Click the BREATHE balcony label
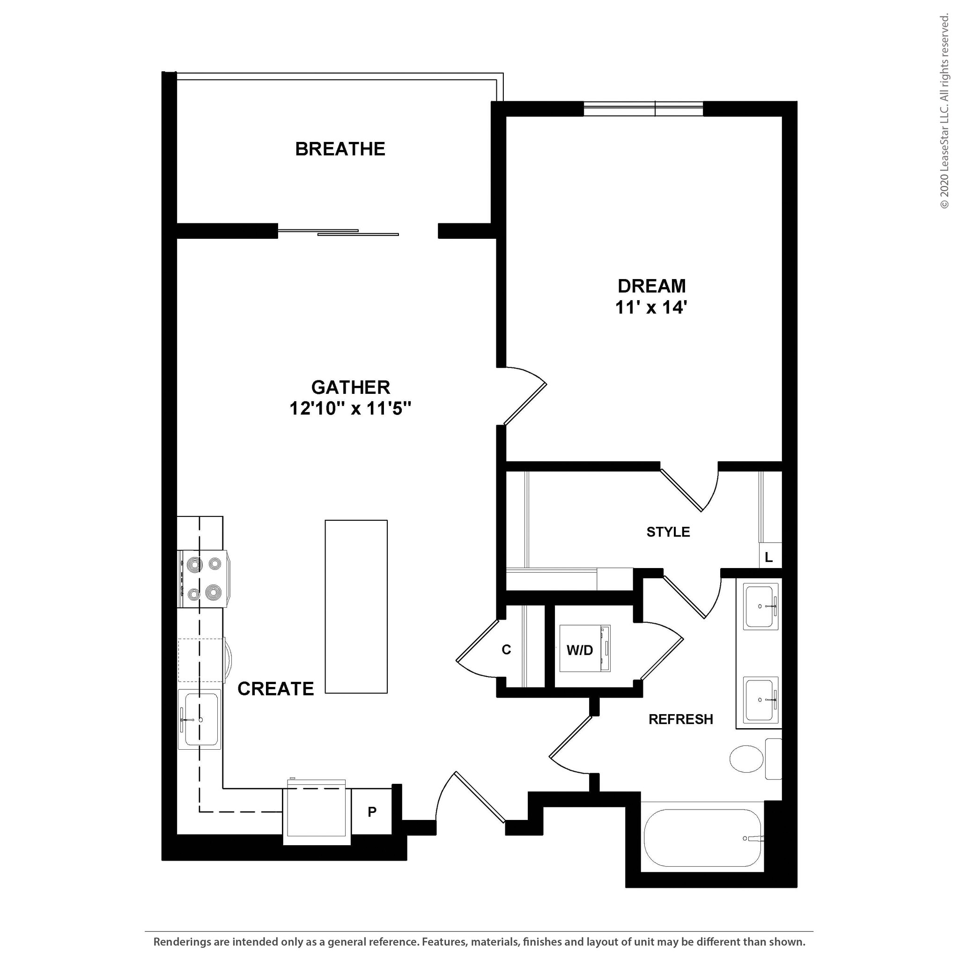tap(340, 149)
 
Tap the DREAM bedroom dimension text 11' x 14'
tap(651, 308)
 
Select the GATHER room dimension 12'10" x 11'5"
tap(350, 408)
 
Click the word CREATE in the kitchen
tap(275, 689)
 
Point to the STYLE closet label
tap(668, 532)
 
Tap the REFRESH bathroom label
tap(680, 719)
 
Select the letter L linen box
tap(769, 557)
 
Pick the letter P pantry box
tap(372, 812)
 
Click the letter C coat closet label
tap(506, 650)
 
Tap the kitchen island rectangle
tap(356, 606)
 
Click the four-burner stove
tap(204, 579)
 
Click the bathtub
tap(702, 838)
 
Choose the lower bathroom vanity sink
tap(760, 700)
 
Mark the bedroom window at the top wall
tap(643, 109)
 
